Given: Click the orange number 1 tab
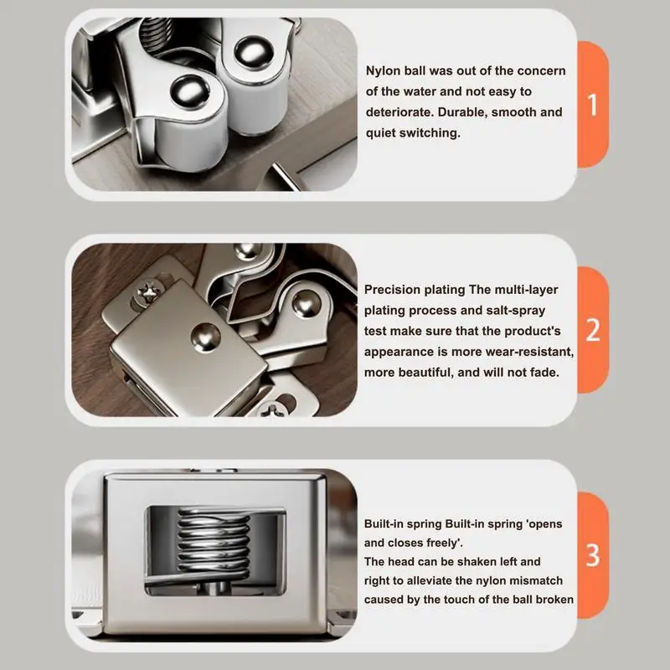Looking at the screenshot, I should click(592, 106).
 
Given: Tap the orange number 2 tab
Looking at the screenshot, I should click(592, 329).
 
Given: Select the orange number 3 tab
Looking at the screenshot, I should click(592, 554).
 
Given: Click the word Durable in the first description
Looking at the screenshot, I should click(476, 112).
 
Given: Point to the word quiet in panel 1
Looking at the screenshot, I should click(384, 133).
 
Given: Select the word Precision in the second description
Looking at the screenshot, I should click(394, 290).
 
